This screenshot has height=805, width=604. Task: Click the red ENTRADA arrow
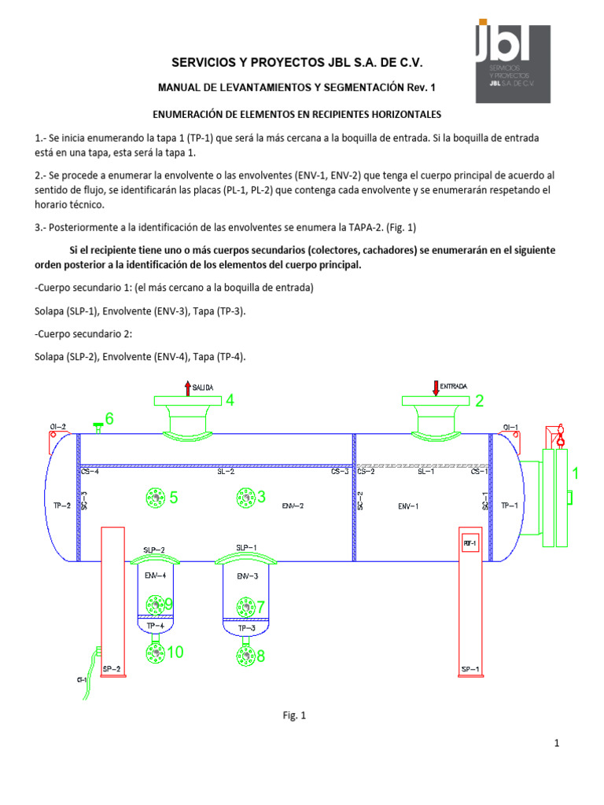tap(436, 388)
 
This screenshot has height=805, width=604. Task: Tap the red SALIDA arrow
tap(187, 388)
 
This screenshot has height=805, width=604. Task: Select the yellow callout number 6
tap(109, 419)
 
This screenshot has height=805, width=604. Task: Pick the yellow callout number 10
tap(175, 652)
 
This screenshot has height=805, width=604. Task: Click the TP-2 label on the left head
tap(62, 506)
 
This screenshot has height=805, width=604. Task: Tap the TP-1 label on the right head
tap(510, 506)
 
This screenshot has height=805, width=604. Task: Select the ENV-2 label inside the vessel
tap(293, 506)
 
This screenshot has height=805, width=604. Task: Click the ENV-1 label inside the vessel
tap(407, 506)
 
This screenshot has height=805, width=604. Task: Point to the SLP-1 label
tap(245, 547)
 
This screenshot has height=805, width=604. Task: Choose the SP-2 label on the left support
tap(112, 669)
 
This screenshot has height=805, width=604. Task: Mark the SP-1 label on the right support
tap(470, 669)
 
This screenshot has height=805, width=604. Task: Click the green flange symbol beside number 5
tap(155, 497)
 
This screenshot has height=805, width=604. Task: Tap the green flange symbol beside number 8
tap(245, 655)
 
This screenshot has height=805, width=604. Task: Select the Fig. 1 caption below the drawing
tap(294, 715)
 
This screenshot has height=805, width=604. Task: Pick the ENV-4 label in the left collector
tap(155, 575)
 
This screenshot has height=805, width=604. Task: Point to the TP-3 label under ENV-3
tap(246, 628)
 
